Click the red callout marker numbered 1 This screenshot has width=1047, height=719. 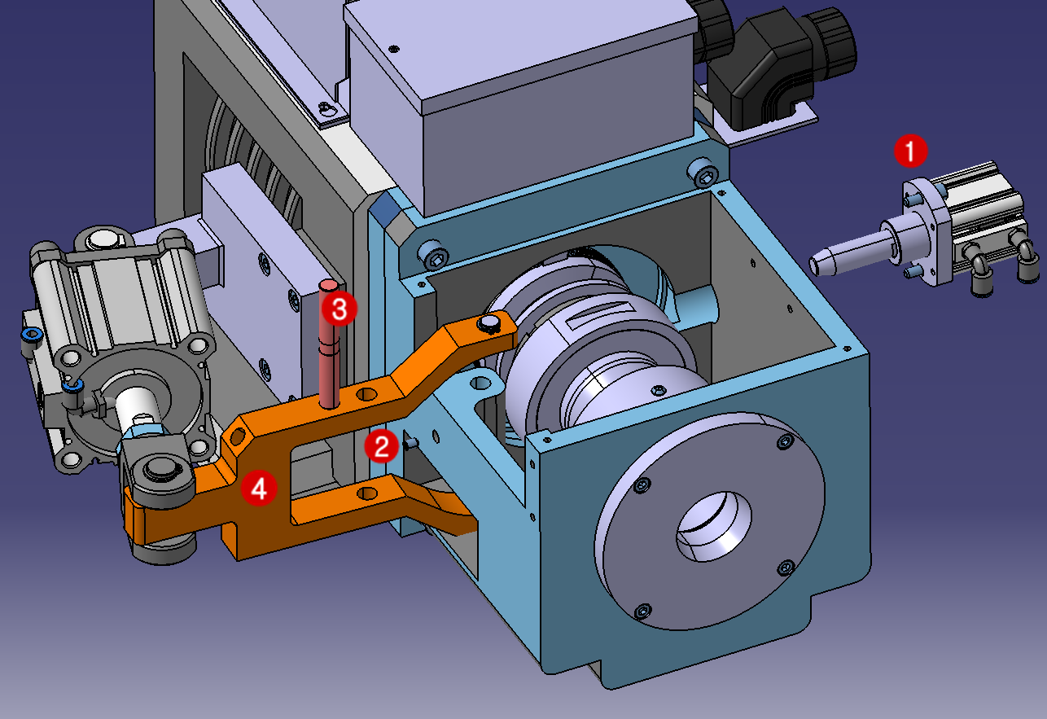pyautogui.click(x=909, y=151)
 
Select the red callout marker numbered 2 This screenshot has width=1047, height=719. pyautogui.click(x=381, y=446)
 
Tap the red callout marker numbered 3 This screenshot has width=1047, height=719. pyautogui.click(x=338, y=309)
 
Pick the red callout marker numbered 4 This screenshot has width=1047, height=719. pyautogui.click(x=258, y=489)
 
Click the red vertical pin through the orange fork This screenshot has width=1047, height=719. pyautogui.click(x=329, y=358)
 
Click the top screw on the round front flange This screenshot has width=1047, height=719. pyautogui.click(x=784, y=442)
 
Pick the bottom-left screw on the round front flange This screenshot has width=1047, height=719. pyautogui.click(x=643, y=610)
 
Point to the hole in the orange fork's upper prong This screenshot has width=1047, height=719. pyautogui.click(x=368, y=394)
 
